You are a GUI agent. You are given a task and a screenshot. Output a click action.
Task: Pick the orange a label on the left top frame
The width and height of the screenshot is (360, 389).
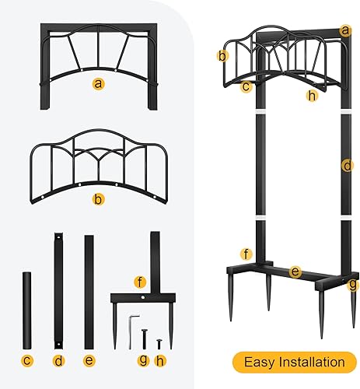[x=97, y=82]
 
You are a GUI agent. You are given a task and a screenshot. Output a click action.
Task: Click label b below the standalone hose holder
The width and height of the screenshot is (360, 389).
[x=97, y=199]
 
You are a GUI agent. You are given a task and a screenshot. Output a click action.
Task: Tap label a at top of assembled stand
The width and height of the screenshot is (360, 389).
[x=346, y=30]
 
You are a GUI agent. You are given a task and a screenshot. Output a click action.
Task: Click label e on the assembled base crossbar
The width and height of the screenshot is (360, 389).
[x=295, y=272]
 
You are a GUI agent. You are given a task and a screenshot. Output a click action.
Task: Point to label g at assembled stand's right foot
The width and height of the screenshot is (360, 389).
[x=352, y=285]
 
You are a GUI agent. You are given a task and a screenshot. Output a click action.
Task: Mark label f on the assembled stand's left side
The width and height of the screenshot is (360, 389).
[x=246, y=254]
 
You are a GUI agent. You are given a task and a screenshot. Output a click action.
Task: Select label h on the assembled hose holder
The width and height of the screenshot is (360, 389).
[x=312, y=96]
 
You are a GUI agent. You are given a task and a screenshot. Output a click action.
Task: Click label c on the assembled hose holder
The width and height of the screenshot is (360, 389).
[x=246, y=86]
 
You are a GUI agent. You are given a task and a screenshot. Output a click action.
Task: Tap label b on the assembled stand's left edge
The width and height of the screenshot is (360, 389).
[x=222, y=55]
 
